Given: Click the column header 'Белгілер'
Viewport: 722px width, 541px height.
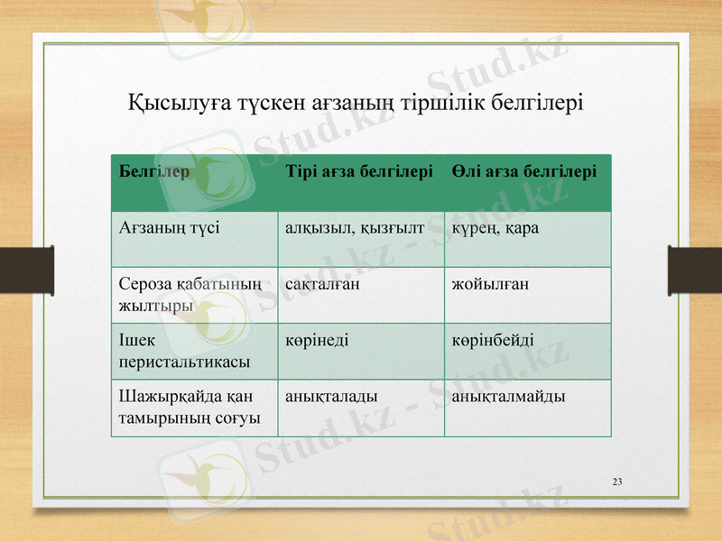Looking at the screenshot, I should point(153,170).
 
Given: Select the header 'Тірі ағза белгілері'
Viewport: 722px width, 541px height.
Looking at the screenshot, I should point(358,170).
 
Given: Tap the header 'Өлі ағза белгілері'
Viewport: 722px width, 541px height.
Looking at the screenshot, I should point(524,170).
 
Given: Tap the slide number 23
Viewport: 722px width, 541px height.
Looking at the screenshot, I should point(617,481).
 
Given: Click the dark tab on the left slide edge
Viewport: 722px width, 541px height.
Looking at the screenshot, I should point(14,270).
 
